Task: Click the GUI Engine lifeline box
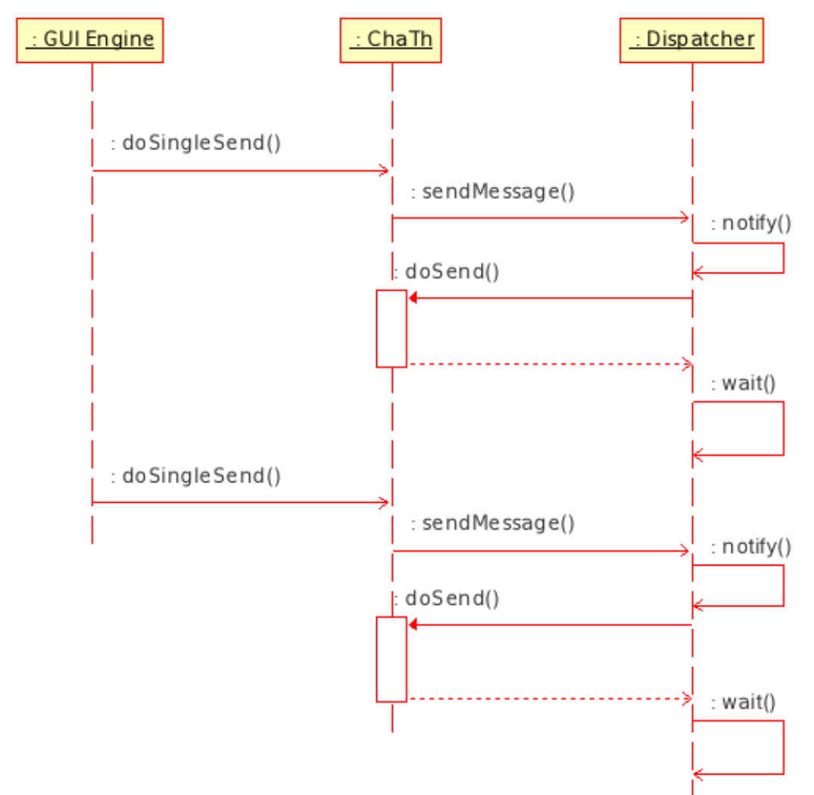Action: point(90,40)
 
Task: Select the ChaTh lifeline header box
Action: point(391,40)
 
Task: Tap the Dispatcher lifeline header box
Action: point(691,40)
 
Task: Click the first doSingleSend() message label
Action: point(195,142)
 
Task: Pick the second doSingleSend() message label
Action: point(195,476)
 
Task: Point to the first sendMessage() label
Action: point(492,192)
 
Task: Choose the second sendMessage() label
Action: point(492,523)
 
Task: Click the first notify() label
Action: point(750,223)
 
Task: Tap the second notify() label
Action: point(750,547)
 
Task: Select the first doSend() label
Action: point(447,272)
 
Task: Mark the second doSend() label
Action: point(447,599)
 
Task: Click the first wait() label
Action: point(744,384)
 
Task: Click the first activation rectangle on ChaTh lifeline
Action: point(391,329)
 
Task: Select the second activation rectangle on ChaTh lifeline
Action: point(391,659)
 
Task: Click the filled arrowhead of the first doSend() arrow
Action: point(413,298)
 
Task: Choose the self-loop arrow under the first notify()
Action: point(783,258)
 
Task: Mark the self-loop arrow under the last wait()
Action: point(783,747)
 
